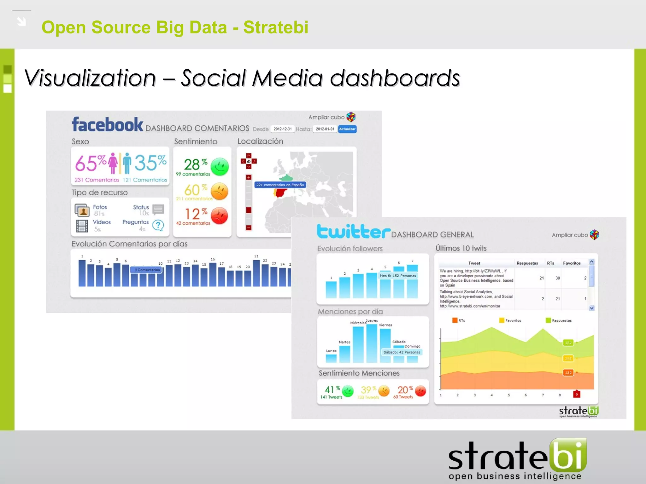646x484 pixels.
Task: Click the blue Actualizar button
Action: coord(347,129)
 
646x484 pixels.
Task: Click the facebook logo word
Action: coord(108,124)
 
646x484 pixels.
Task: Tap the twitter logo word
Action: coord(353,232)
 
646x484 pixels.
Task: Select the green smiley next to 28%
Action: coord(220,166)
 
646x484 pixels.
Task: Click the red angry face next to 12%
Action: coord(219,216)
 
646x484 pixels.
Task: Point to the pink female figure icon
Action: coord(113,163)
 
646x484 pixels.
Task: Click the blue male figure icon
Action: coord(127,163)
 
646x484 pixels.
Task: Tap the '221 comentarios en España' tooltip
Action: coord(280,185)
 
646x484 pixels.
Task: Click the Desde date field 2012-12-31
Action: coord(282,129)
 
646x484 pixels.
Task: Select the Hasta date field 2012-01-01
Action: coord(325,129)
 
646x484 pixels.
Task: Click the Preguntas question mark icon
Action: coord(158,225)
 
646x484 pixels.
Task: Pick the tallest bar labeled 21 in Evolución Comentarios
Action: coord(256,273)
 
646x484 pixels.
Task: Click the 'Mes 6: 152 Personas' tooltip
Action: coord(398,276)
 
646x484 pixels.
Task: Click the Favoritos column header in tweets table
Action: coord(572,263)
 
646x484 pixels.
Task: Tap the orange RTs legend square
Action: coord(455,320)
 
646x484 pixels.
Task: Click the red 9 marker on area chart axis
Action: coord(577,394)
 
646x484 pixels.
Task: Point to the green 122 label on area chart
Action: coord(568,343)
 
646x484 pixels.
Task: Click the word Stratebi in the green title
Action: coord(276,27)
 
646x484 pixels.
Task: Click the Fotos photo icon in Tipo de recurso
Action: coord(82,210)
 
